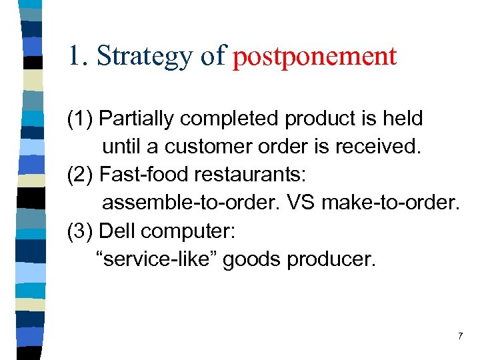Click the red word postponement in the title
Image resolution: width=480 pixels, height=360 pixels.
coord(315,56)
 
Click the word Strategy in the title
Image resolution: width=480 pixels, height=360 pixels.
coord(147,56)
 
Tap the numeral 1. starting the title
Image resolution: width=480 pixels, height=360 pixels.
coord(79,56)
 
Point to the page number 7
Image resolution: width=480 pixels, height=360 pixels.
coord(460,337)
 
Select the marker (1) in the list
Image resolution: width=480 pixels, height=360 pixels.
coord(80,119)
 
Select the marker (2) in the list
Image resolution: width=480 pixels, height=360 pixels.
coord(80,175)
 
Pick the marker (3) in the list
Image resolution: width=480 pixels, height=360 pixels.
coord(80,231)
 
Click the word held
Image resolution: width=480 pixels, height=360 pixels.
coord(401,119)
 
